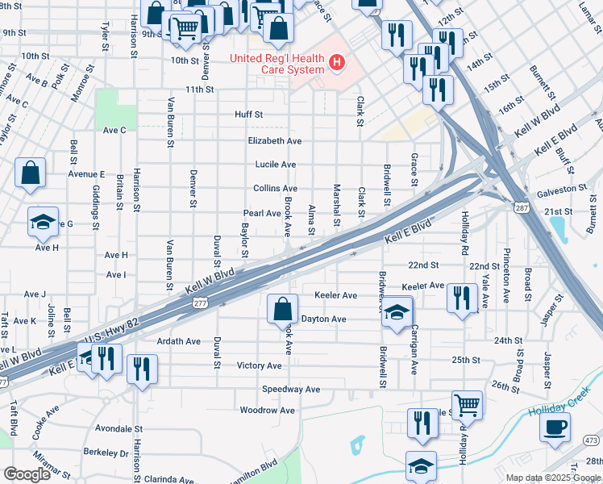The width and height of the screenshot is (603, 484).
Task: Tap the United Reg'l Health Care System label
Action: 277,63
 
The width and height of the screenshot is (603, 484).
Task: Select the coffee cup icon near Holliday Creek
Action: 555,428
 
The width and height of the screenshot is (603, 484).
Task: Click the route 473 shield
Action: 591,440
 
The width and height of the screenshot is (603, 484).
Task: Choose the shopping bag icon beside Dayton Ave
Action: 282,309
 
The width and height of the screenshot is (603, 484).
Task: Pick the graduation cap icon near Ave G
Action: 43,223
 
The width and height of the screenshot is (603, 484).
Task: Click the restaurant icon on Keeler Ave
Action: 462,298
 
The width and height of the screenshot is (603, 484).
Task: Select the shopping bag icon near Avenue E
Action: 30,173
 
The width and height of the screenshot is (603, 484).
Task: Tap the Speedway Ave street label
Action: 291,389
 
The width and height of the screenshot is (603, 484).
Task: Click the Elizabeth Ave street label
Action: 275,140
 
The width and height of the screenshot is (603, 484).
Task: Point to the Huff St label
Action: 249,115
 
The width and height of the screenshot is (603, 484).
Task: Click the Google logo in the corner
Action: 27,474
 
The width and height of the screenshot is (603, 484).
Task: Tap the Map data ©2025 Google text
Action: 553,478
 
